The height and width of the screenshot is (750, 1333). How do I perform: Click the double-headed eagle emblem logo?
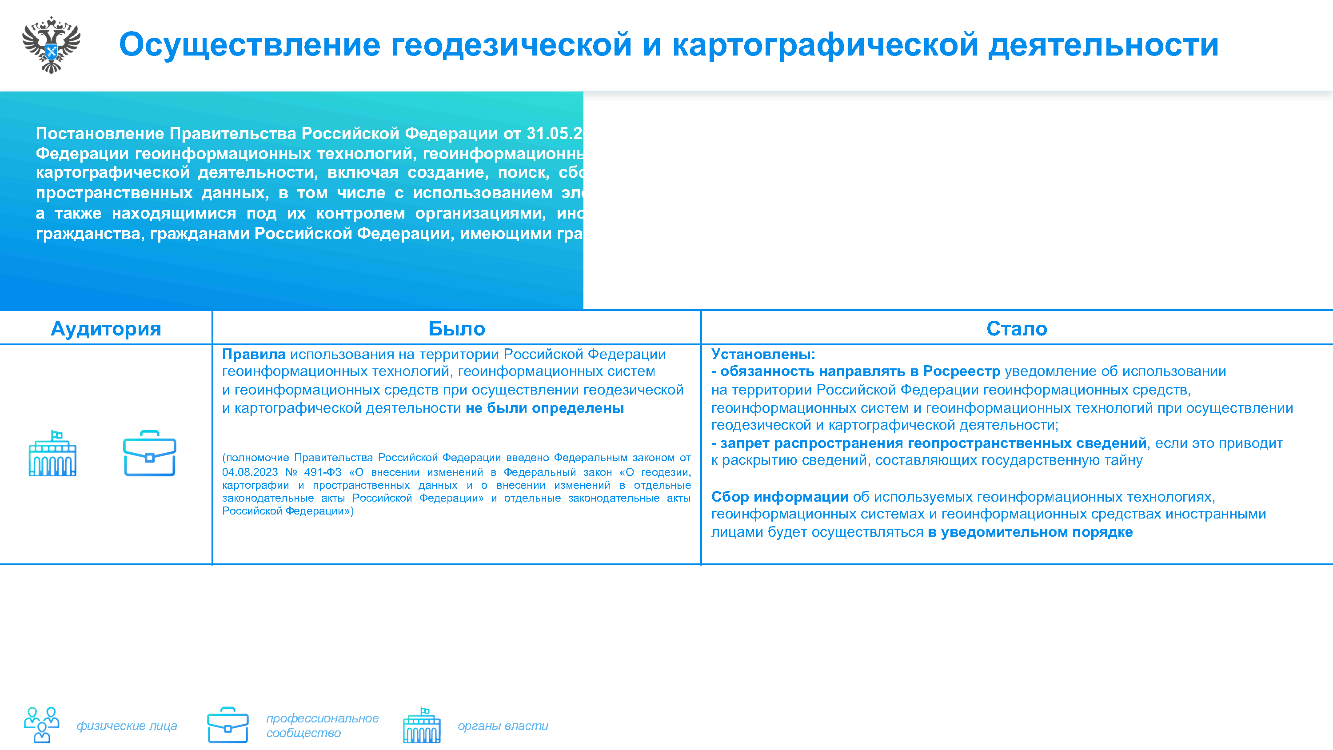(51, 45)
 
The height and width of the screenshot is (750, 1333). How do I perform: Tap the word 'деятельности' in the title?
(1103, 44)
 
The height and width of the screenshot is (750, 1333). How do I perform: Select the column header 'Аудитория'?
(106, 329)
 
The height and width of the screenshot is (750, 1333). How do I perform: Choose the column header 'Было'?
(456, 329)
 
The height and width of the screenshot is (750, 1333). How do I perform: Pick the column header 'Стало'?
(1016, 329)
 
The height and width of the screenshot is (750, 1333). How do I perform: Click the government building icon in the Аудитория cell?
(52, 453)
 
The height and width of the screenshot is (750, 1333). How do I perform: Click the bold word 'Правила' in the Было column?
(254, 355)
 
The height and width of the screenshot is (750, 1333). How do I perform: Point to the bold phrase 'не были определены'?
(544, 408)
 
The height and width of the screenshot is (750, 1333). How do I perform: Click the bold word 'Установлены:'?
(763, 355)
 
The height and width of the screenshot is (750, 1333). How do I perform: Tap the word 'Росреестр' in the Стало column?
(962, 371)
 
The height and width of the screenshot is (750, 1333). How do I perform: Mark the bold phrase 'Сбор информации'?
(779, 497)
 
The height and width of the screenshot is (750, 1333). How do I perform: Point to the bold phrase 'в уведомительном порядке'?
(1030, 533)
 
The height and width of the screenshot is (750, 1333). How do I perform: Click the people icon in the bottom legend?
(41, 725)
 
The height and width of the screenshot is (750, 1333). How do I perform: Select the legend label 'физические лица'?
(127, 726)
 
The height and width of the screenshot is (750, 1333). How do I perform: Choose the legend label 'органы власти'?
(503, 726)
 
